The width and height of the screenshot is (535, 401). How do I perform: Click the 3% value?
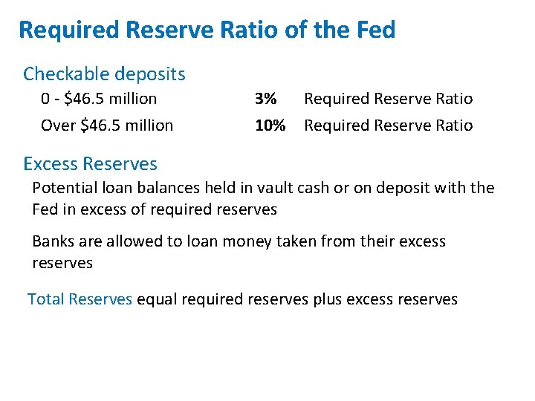265,99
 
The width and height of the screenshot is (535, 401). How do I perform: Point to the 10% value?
270,125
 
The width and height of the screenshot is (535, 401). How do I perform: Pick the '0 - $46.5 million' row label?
99,99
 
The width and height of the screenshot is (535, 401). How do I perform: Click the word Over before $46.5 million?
58,125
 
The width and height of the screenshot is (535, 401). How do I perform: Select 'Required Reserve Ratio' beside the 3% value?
388,99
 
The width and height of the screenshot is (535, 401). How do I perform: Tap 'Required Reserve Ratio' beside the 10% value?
388,125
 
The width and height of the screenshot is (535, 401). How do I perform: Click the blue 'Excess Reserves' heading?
90,163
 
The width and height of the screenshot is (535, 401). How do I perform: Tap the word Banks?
53,241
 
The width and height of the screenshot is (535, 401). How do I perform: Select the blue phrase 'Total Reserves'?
80,299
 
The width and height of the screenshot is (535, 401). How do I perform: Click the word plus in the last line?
328,299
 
